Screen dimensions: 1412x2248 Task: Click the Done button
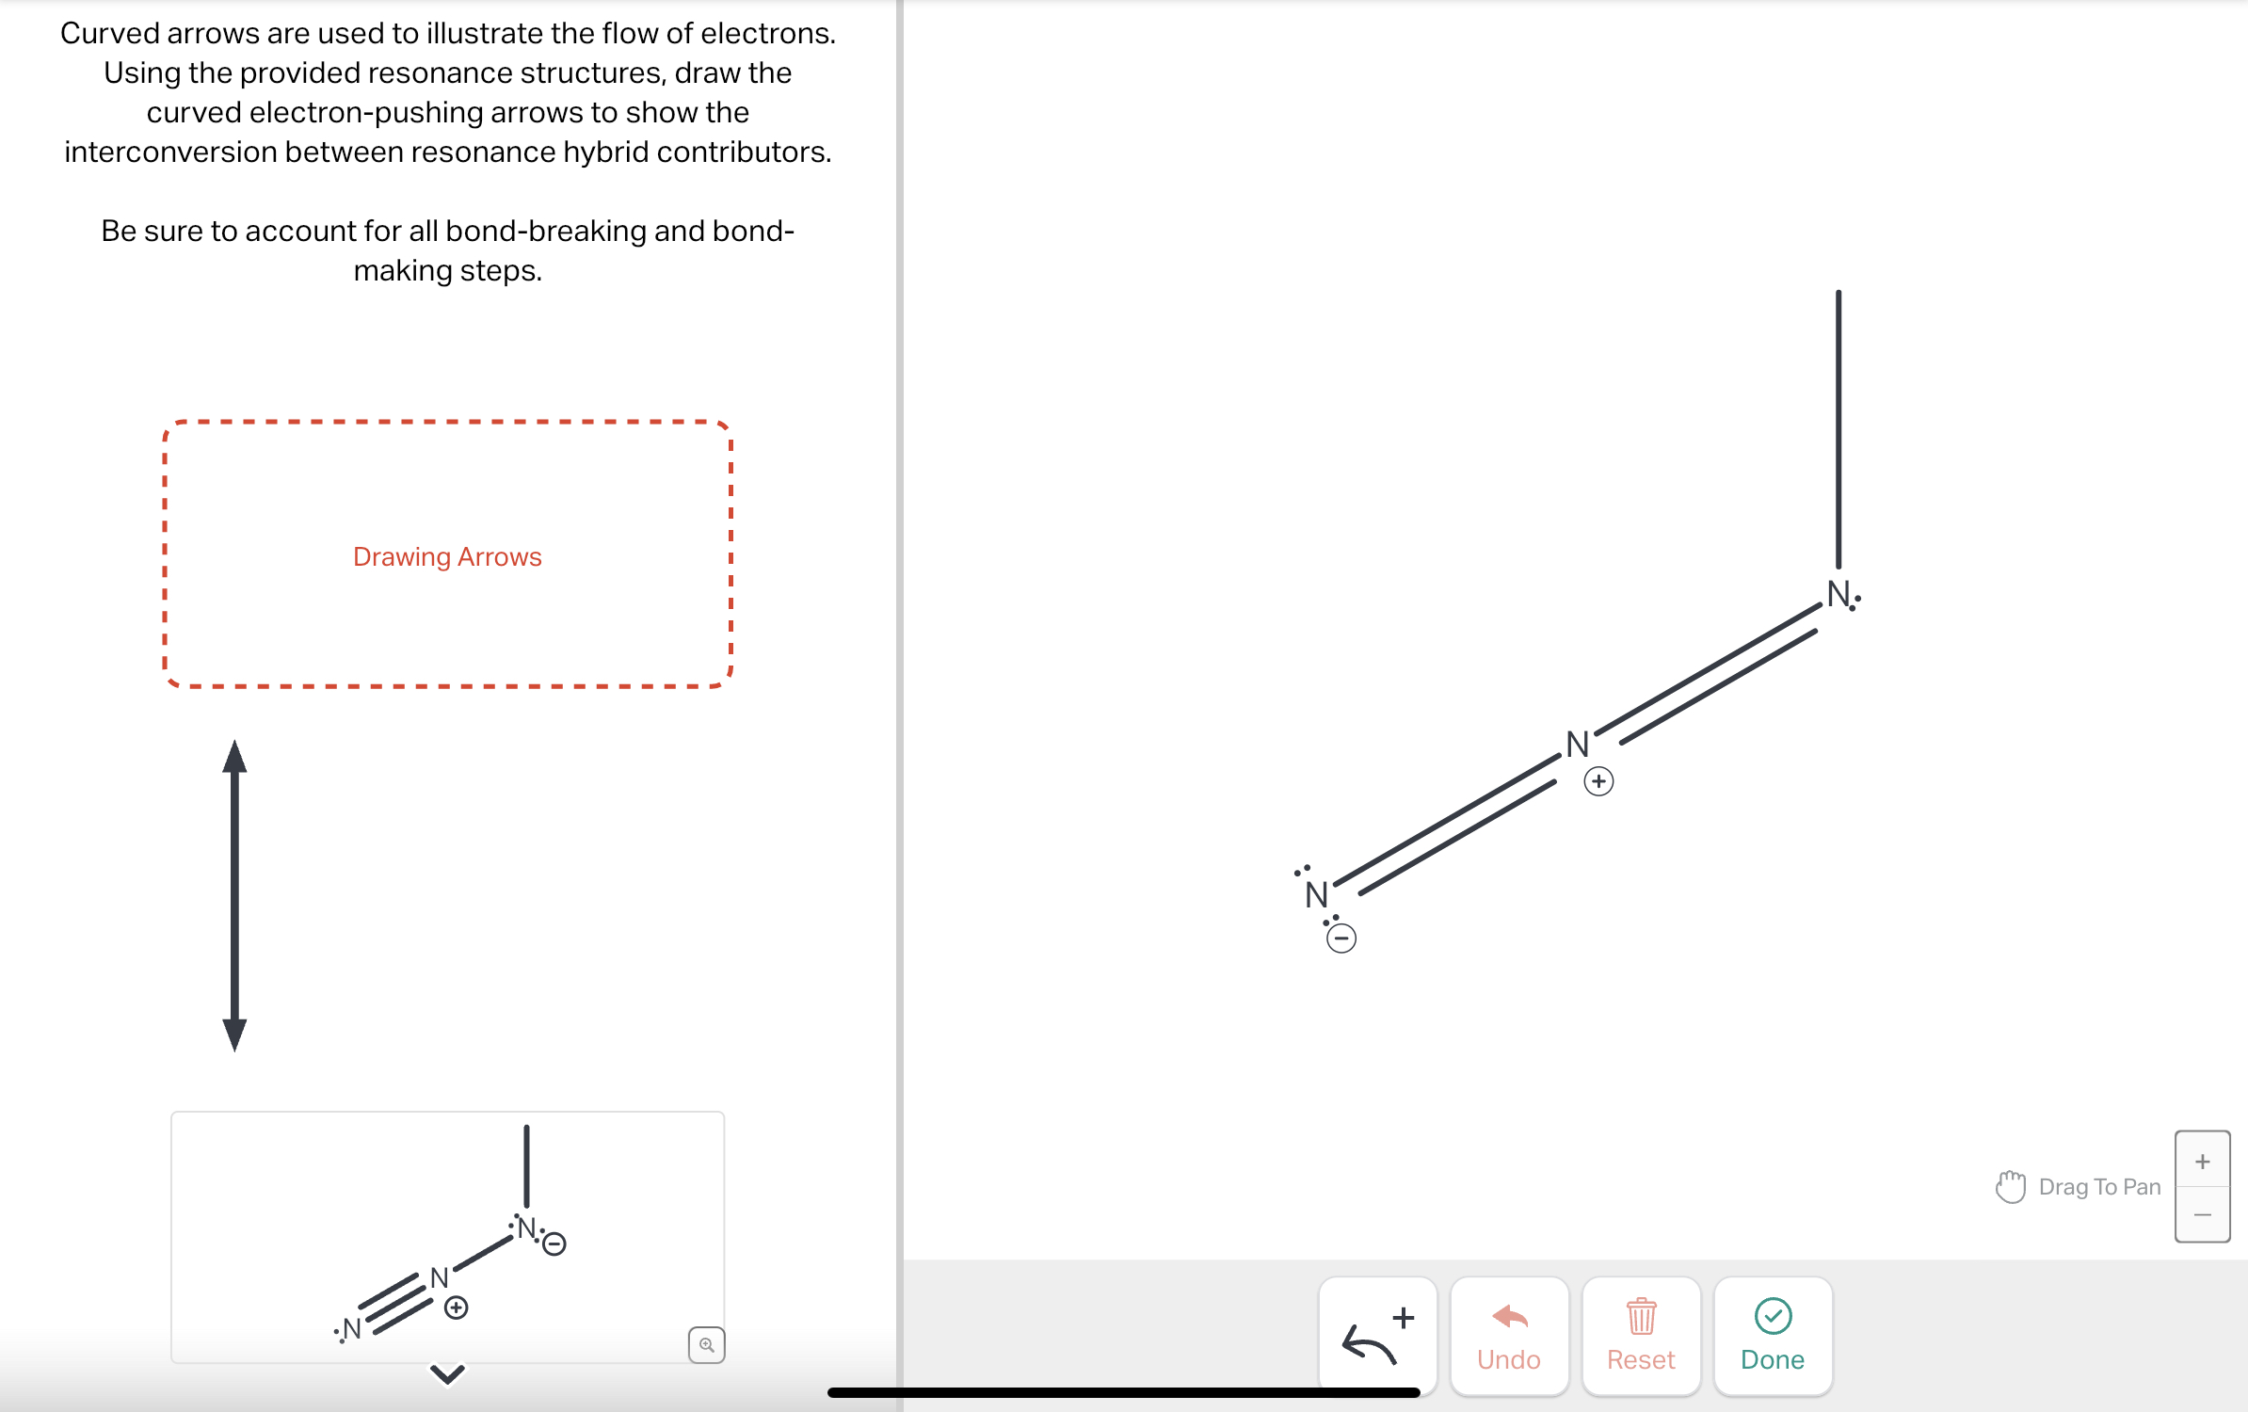pos(1772,1335)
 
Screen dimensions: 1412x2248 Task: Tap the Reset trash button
pos(1641,1335)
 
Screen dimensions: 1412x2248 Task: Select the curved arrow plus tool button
pos(1377,1335)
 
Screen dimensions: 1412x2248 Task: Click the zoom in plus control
pos(2202,1161)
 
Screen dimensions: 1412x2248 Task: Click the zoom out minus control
pos(2202,1214)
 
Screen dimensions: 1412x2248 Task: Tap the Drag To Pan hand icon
pos(2010,1186)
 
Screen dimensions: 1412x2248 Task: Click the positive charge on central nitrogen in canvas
pos(1598,781)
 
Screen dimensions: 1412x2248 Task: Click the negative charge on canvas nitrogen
pos(1341,939)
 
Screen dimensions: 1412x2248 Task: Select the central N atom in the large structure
pos(1578,745)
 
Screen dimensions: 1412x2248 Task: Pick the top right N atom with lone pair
pos(1839,594)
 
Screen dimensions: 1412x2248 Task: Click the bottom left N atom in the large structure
pos(1316,894)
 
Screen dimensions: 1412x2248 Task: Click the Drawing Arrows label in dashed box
pos(447,556)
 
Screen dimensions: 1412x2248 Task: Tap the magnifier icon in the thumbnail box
pos(706,1344)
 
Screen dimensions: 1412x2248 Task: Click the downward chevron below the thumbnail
pos(447,1374)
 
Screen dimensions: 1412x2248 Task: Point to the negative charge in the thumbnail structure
pos(554,1244)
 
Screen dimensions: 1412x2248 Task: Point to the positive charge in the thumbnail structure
pos(457,1308)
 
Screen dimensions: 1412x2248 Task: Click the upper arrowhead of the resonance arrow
pos(234,758)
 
